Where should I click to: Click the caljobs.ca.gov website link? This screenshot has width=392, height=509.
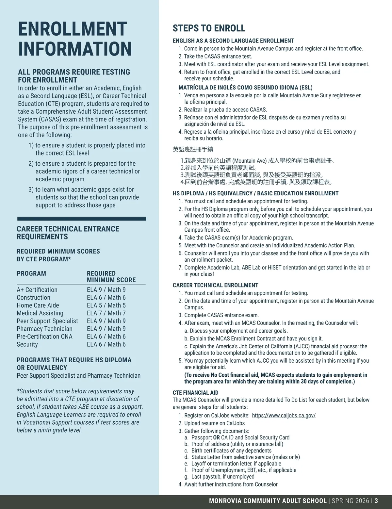(284, 416)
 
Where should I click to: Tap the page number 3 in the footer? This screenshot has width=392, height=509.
(376, 501)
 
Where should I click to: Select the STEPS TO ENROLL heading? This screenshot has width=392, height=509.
(209, 28)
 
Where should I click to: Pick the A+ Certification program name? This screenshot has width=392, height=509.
(37, 290)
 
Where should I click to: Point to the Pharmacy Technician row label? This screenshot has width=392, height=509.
(44, 329)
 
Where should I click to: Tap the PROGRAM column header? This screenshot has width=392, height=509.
(31, 273)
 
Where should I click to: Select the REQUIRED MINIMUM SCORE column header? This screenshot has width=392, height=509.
(111, 277)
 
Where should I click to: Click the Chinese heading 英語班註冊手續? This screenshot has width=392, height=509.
(193, 150)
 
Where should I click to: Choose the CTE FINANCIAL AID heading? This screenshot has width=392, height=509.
(195, 393)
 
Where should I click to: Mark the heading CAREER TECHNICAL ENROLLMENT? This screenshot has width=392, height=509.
(215, 285)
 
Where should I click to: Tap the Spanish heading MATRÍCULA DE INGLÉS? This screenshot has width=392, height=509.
(245, 88)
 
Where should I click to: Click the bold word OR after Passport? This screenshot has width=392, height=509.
(216, 437)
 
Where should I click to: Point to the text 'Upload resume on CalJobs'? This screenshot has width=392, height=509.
(214, 423)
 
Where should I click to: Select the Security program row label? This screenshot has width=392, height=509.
(27, 345)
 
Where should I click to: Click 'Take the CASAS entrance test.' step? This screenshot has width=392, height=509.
(218, 57)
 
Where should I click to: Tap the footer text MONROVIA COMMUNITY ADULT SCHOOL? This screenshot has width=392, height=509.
(268, 501)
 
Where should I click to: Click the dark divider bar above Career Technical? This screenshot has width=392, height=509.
(81, 219)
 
